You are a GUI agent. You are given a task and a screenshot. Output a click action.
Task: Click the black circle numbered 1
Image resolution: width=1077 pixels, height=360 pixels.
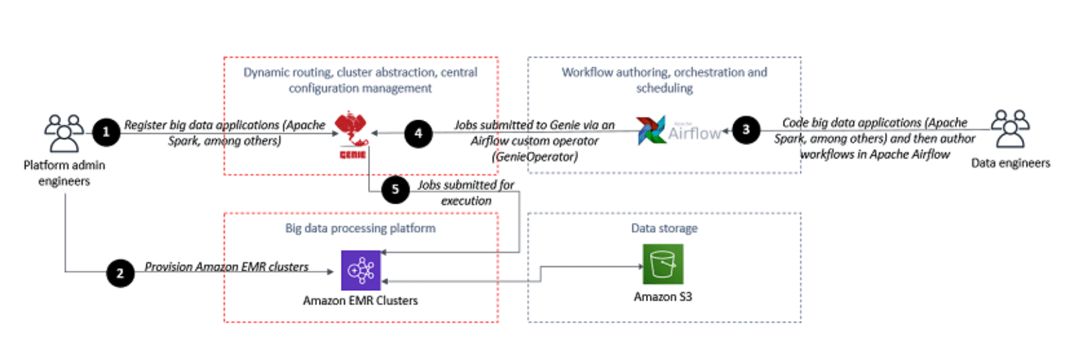(105, 132)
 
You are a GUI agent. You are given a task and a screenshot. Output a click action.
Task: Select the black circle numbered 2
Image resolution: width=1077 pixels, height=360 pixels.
(120, 273)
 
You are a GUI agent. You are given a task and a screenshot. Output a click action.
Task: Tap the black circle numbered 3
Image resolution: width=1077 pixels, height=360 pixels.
(745, 130)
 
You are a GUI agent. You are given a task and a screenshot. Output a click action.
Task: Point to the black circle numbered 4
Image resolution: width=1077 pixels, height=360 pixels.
(418, 134)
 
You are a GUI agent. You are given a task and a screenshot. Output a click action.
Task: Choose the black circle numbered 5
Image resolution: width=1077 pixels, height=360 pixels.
(395, 189)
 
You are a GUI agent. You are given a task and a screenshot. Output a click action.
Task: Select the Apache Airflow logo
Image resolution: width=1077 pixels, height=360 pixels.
(678, 131)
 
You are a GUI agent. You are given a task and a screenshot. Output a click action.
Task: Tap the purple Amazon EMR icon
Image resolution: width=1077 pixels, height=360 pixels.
(361, 270)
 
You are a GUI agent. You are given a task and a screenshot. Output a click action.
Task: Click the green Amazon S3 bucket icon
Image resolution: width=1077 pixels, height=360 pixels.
(663, 264)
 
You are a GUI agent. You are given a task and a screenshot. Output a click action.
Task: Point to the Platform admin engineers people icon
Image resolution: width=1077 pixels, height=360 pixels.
(64, 133)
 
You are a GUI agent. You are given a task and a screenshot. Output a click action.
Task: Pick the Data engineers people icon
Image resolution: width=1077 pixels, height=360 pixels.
(1010, 128)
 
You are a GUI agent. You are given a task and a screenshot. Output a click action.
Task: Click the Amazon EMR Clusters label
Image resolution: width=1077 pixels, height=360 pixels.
(360, 301)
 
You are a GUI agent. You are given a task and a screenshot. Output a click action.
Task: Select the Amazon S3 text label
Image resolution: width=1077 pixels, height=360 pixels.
(663, 297)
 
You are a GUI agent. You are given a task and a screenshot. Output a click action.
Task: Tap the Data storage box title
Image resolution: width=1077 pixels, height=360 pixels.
(664, 228)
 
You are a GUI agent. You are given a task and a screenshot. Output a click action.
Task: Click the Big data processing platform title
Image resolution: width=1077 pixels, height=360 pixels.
(360, 228)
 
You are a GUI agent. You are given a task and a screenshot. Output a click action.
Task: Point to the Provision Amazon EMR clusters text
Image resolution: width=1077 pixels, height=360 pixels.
(226, 267)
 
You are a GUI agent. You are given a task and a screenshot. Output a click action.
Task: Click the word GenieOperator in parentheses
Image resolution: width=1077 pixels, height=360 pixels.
(534, 156)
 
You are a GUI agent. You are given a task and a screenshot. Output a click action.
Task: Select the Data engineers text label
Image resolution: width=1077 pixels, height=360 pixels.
(1011, 163)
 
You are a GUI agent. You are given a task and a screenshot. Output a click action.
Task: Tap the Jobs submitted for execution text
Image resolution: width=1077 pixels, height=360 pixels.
(466, 193)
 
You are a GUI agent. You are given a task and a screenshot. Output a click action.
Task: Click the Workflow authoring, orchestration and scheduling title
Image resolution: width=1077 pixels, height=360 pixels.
(664, 80)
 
